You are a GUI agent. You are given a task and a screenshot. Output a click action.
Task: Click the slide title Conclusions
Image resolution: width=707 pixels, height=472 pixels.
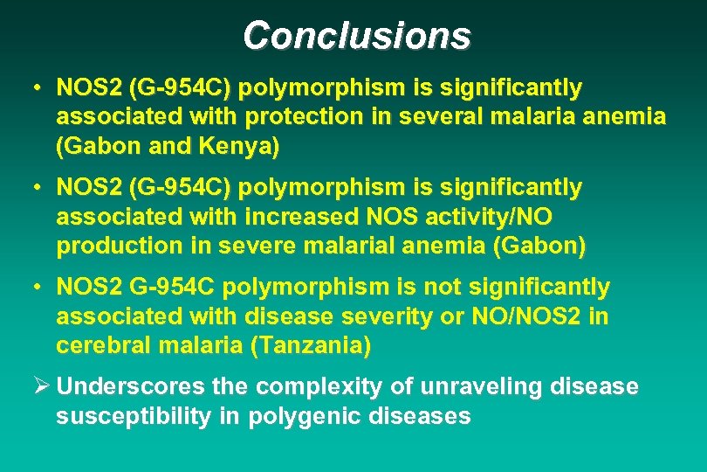point(356,36)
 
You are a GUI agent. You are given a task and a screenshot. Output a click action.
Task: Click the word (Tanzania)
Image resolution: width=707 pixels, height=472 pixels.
point(310,345)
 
